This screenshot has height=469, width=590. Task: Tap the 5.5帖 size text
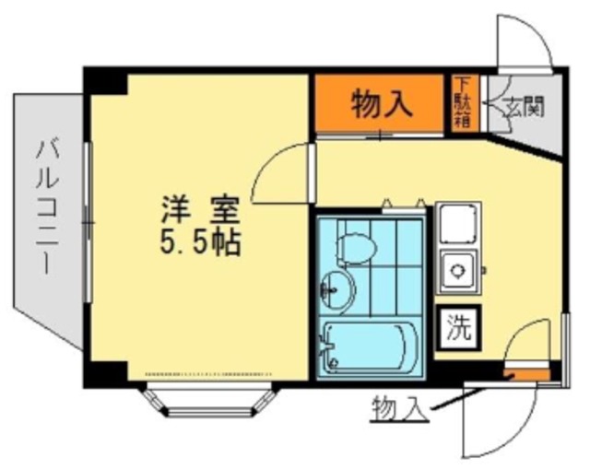coord(201,242)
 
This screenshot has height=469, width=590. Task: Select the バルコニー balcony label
coord(47,206)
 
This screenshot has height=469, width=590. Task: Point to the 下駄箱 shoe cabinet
coord(466,103)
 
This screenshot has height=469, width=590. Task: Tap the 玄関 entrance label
coord(525,107)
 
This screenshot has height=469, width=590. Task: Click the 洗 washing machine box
coord(459,328)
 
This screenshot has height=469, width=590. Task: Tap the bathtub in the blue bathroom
coord(371,347)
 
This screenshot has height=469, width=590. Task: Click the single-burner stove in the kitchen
coord(458,271)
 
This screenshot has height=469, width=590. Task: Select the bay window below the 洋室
coord(210,399)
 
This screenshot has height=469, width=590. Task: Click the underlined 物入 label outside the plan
coord(399,409)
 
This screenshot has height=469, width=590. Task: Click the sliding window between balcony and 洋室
coord(88,222)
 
